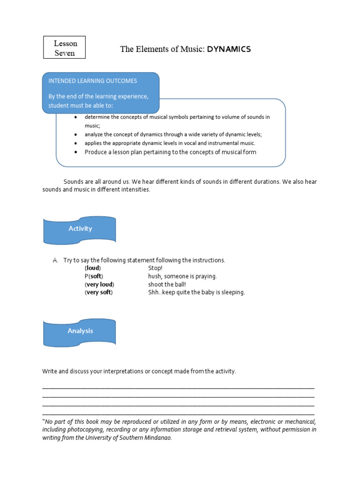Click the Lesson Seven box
click(65, 48)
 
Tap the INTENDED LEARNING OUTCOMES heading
click(93, 81)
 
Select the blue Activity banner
click(80, 229)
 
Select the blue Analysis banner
click(80, 331)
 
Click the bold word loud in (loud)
click(93, 268)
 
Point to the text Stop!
click(155, 268)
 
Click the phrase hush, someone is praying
click(182, 276)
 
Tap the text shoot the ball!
click(167, 284)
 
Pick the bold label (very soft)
click(99, 292)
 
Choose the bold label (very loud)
click(99, 284)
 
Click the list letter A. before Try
click(55, 260)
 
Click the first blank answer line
click(178, 388)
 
